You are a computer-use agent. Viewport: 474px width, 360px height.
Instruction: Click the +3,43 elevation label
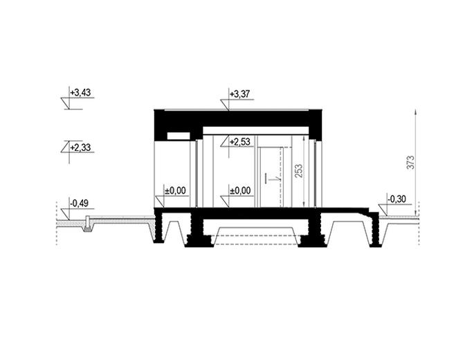pyautogui.click(x=80, y=93)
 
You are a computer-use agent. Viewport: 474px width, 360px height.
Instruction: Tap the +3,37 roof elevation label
pyautogui.click(x=239, y=94)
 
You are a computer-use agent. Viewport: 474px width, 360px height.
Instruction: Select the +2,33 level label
pyautogui.click(x=80, y=147)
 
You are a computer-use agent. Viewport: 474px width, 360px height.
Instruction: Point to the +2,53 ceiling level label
pyautogui.click(x=239, y=142)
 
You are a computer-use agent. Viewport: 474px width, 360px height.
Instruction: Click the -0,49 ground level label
pyautogui.click(x=79, y=204)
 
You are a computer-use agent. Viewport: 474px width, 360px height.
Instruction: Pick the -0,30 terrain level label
pyautogui.click(x=396, y=199)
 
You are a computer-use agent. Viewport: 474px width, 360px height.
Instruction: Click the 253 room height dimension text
pyautogui.click(x=298, y=172)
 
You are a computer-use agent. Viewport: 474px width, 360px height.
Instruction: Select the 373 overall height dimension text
pyautogui.click(x=411, y=163)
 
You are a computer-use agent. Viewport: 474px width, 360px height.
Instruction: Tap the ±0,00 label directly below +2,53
pyautogui.click(x=240, y=190)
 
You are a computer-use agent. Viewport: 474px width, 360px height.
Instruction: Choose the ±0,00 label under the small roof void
pyautogui.click(x=175, y=190)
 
